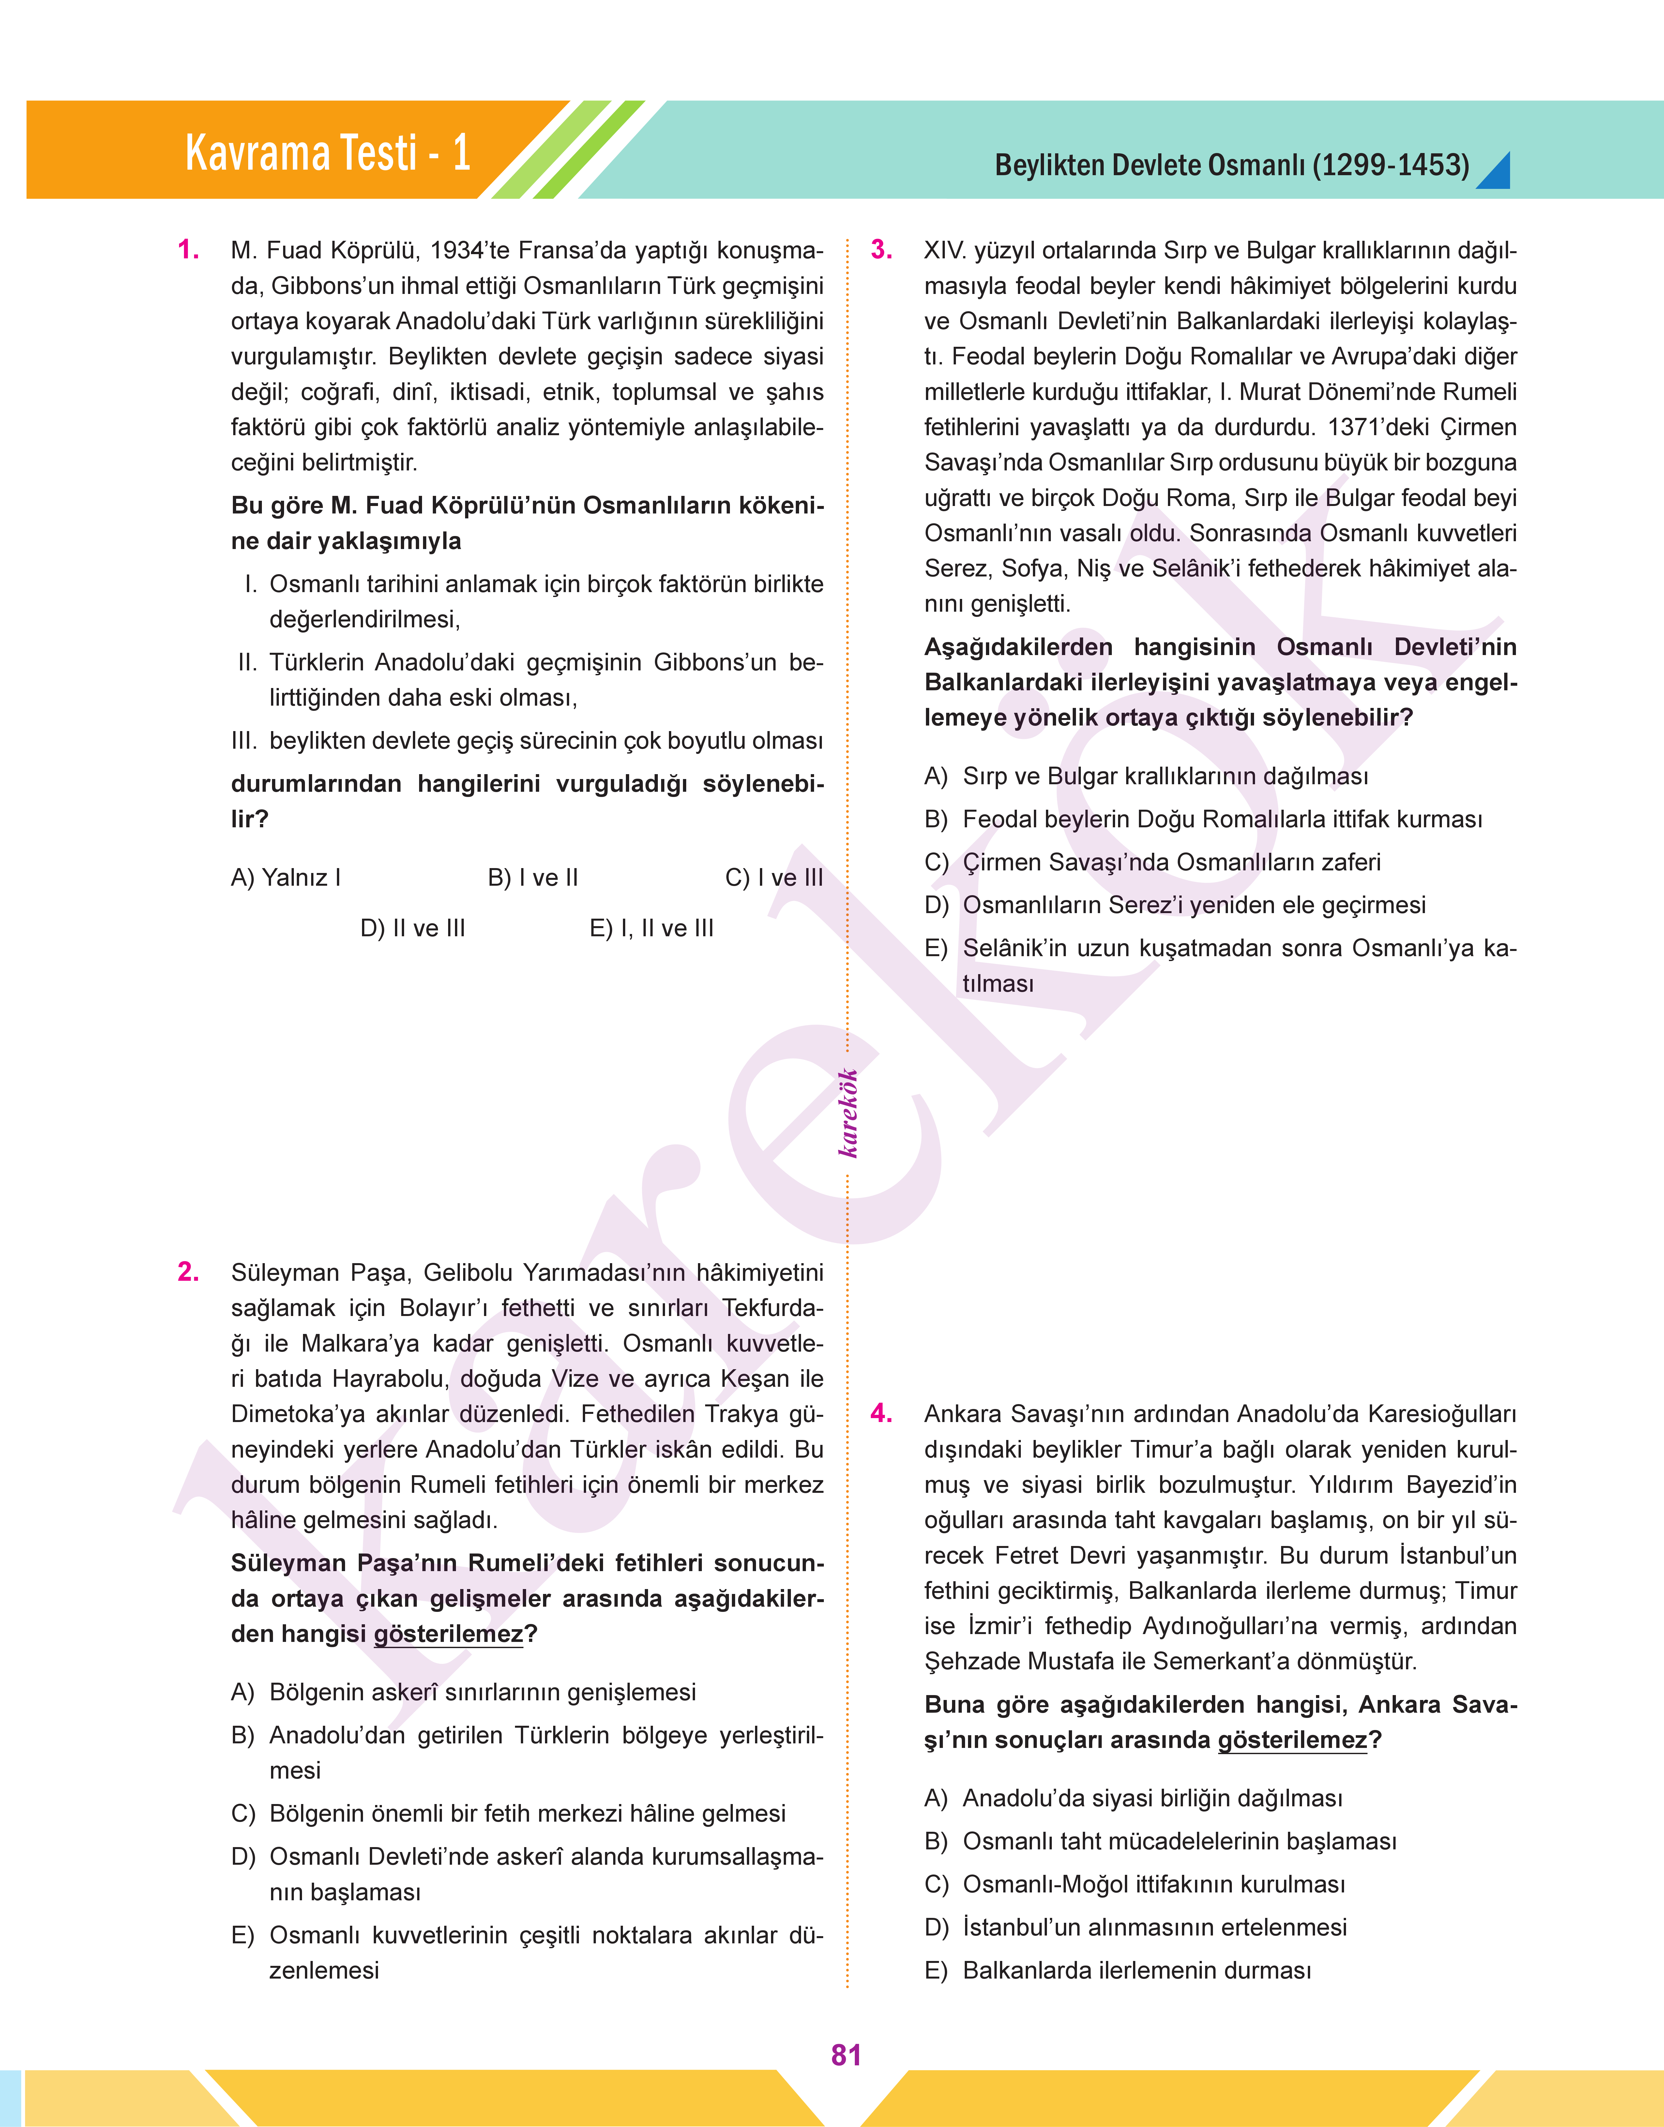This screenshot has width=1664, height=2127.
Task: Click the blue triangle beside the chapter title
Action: [1495, 173]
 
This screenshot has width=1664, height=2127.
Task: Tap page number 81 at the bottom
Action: [846, 2055]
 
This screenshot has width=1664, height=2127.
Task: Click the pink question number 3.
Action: [882, 251]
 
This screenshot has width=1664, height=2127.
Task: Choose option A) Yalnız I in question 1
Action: [285, 878]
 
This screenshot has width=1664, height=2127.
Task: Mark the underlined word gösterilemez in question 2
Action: [448, 1634]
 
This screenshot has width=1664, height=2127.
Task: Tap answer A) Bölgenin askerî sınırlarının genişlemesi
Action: [464, 1692]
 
